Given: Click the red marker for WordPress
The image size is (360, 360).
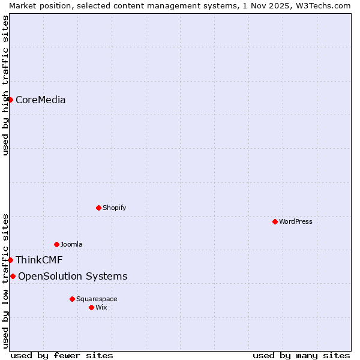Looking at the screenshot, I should pos(275,221).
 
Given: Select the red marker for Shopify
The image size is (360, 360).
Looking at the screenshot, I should pos(98,208).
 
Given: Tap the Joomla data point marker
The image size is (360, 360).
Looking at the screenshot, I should pos(56,244).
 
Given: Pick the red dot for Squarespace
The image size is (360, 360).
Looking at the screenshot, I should pos(72,299).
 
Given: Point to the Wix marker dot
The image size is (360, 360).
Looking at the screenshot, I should pos(91,307).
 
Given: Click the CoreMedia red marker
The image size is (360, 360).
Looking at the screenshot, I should pos(10,100).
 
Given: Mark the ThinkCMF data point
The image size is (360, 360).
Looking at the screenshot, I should pos(10,260).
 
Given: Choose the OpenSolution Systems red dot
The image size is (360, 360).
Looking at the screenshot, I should pos(13,276).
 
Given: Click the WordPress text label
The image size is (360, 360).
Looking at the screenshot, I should pos(295,221).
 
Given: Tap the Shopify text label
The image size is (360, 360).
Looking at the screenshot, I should pos(114,208).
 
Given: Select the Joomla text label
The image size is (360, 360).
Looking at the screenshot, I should pos(71,244).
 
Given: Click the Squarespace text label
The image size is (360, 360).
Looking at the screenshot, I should pos(97,299).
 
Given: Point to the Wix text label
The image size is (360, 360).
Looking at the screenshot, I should pos(101,307).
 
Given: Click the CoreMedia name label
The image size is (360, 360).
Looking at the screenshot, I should pos(40,100).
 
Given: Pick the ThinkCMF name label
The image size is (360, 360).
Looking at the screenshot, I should pos(39,260).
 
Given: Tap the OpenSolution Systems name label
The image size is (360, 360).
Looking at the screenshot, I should pos(73,276).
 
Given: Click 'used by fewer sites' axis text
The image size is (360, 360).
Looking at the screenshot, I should pos(62,355).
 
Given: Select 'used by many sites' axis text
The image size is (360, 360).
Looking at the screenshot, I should pos(301,355).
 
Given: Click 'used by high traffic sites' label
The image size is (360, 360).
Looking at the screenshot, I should pos(5,85).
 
